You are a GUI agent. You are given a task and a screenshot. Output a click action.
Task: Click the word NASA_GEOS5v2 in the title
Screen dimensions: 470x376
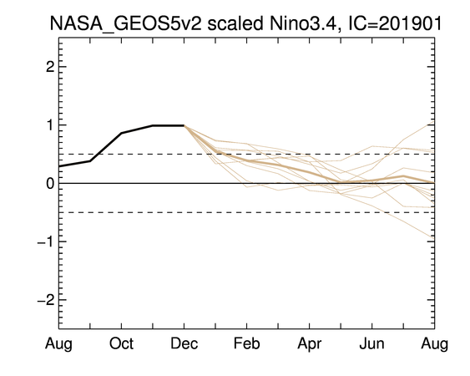[125, 24]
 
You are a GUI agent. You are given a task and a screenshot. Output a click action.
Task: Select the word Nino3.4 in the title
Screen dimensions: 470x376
[306, 23]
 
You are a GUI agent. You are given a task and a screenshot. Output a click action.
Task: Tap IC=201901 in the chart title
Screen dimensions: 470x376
[395, 23]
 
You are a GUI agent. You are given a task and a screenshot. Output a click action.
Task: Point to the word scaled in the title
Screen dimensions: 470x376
[235, 23]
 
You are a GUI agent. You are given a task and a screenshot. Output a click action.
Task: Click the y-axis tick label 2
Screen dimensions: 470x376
[50, 67]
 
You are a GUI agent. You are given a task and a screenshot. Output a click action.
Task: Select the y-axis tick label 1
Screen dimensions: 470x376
[50, 125]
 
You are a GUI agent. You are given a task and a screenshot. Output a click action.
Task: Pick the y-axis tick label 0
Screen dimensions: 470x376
[50, 183]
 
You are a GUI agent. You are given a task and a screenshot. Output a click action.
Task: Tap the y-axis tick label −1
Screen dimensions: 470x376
[46, 241]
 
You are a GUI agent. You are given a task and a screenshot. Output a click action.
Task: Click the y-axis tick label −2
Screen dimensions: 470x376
[46, 300]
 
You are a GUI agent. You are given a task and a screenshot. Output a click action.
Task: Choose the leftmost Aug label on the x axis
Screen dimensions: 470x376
[58, 344]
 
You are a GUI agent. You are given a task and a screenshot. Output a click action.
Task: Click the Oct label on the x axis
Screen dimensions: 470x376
[121, 343]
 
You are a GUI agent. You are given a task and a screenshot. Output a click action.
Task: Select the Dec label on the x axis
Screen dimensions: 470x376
[184, 343]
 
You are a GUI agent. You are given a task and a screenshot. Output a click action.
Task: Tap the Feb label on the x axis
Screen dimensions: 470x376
[247, 343]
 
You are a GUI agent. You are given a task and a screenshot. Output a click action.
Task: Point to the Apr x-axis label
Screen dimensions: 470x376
[310, 344]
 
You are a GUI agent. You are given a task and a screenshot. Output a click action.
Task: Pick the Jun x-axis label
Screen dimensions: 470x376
[371, 343]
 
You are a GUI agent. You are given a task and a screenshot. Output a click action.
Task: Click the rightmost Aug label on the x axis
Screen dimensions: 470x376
[435, 344]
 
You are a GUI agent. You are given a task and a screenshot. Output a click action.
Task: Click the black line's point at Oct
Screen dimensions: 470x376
[121, 133]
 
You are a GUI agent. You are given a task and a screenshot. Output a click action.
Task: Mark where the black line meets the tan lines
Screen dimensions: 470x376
[184, 125]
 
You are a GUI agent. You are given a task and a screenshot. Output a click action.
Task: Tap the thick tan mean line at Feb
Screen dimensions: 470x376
[247, 161]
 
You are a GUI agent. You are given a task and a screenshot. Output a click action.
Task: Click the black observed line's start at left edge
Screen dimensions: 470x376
[59, 166]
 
